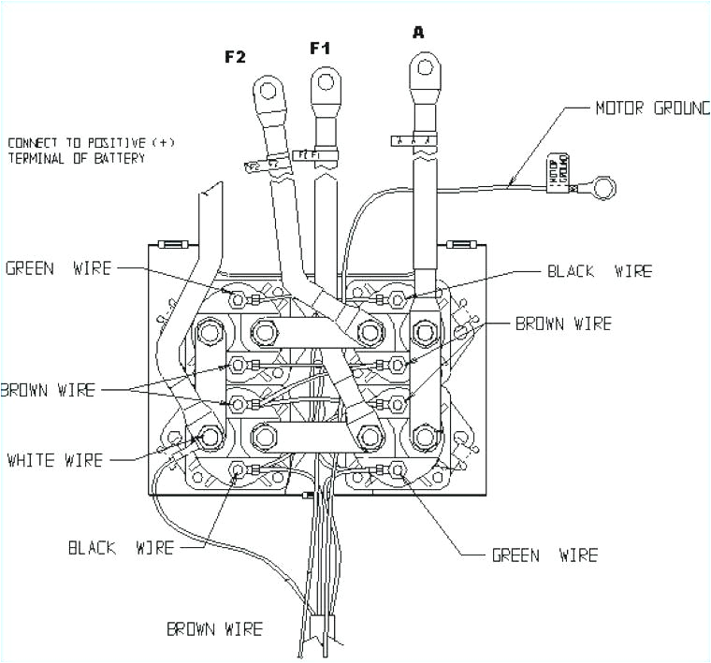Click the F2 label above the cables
coord(235,57)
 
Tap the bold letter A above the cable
coord(418,33)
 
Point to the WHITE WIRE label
coord(55,460)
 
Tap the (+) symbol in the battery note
coord(162,143)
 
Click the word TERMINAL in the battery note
coord(37,158)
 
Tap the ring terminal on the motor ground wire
coord(606,188)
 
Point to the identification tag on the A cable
coord(413,140)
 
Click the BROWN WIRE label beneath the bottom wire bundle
coord(214,628)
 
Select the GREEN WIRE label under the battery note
coord(58,269)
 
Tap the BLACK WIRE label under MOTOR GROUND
coord(599,271)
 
